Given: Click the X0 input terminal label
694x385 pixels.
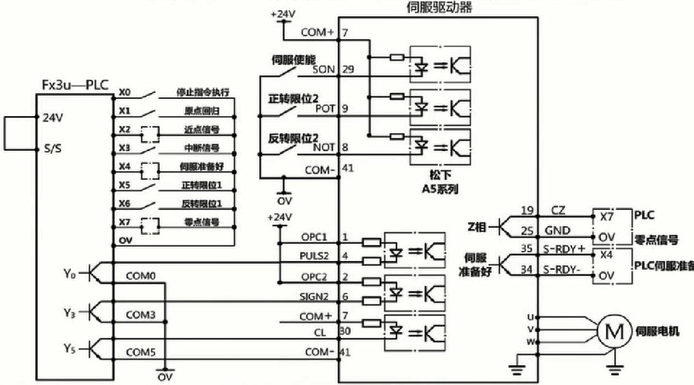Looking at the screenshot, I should click(125, 92).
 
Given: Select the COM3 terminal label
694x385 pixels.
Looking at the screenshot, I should click(140, 314).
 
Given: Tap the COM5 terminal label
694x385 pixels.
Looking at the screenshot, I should click(140, 351).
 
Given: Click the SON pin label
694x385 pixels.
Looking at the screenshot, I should click(324, 68).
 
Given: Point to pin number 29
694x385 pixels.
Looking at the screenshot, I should click(347, 67).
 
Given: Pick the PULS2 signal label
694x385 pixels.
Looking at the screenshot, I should click(316, 255).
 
